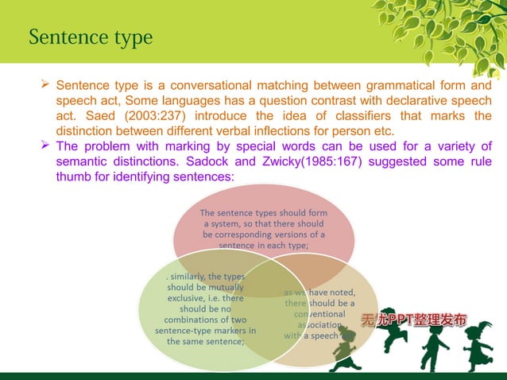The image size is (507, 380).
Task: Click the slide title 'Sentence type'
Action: tap(90, 37)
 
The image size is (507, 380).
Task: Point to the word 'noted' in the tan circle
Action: tap(339, 290)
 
